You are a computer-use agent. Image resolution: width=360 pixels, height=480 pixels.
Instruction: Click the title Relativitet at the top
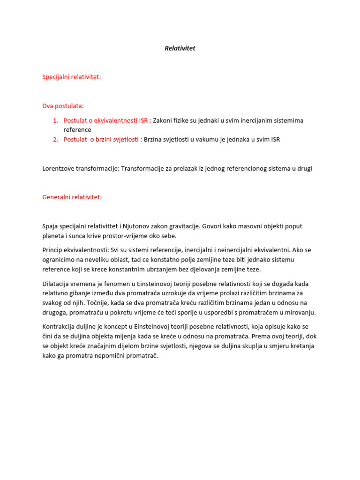click(180, 48)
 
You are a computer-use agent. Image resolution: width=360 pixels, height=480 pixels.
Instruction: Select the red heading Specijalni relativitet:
click(71, 77)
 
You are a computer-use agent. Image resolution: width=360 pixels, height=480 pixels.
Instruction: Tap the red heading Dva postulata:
click(63, 106)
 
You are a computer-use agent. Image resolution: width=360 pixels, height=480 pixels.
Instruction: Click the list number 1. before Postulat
click(55, 120)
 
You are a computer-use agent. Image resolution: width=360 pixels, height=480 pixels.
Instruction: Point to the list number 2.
click(55, 139)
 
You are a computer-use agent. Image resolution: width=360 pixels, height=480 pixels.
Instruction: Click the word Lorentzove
click(59, 169)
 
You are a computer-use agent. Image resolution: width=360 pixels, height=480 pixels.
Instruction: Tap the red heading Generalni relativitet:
click(72, 197)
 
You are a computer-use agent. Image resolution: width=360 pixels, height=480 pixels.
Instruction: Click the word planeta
click(53, 236)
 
